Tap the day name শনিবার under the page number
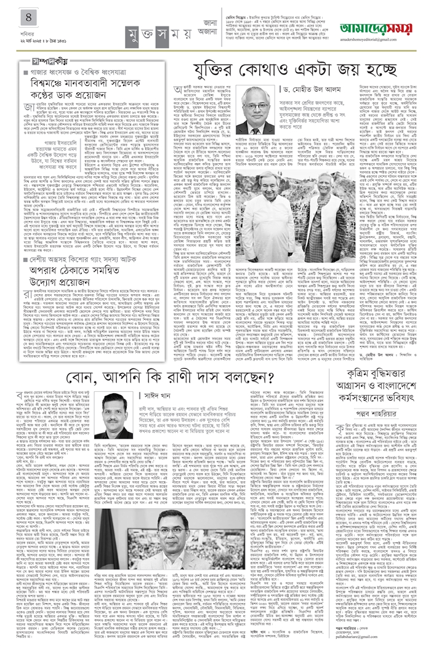click(12, 26)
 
